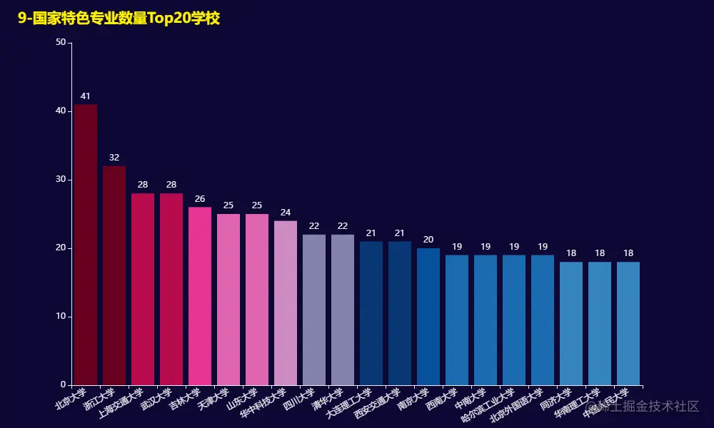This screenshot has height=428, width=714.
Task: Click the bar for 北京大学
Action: pos(86,245)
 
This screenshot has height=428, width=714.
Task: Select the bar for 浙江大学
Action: pos(114,275)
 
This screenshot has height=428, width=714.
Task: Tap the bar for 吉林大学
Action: pos(200,296)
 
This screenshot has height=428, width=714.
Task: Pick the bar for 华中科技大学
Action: pos(286,302)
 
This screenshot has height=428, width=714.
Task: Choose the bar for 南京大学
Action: pos(428,316)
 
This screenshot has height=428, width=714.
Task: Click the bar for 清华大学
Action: pos(343,310)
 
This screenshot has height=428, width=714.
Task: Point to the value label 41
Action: pos(86,96)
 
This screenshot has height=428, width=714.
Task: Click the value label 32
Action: pos(114,158)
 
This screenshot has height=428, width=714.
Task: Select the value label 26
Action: pos(200,199)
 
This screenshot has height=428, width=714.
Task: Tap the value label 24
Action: pos(286,213)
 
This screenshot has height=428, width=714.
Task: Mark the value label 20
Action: pos(428,240)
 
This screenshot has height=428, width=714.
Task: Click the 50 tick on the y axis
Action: pos(60,43)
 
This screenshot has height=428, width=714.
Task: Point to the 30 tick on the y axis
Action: pos(60,180)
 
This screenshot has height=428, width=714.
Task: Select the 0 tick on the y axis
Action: pos(63,385)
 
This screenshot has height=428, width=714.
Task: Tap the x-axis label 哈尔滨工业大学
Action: pos(490,405)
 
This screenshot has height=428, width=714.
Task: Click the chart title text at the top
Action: pos(119,19)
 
